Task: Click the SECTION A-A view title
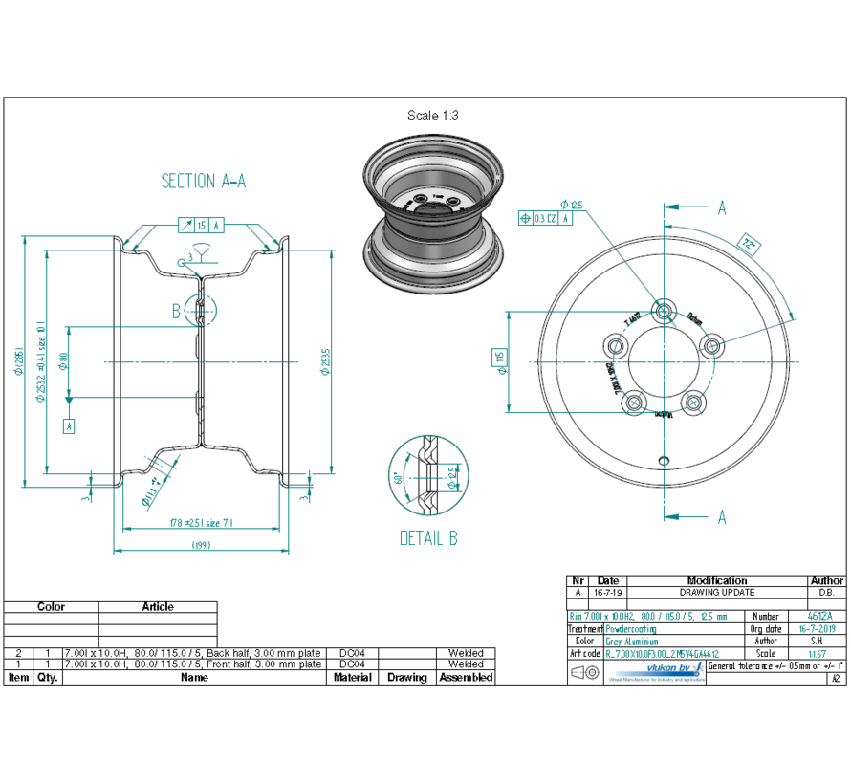(x=204, y=181)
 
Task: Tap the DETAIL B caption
(x=428, y=538)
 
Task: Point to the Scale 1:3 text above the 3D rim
(x=433, y=115)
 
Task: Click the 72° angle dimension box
(x=748, y=246)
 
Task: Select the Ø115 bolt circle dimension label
(x=499, y=359)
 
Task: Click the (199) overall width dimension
(x=201, y=545)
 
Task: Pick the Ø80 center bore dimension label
(x=65, y=360)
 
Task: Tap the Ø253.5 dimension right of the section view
(x=326, y=360)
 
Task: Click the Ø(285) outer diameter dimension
(x=18, y=360)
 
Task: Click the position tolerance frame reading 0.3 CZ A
(x=545, y=218)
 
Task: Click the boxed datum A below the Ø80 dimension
(x=68, y=426)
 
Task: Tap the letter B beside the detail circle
(x=176, y=311)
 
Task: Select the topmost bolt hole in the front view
(x=664, y=310)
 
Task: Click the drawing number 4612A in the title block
(x=819, y=617)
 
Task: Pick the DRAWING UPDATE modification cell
(x=717, y=593)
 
